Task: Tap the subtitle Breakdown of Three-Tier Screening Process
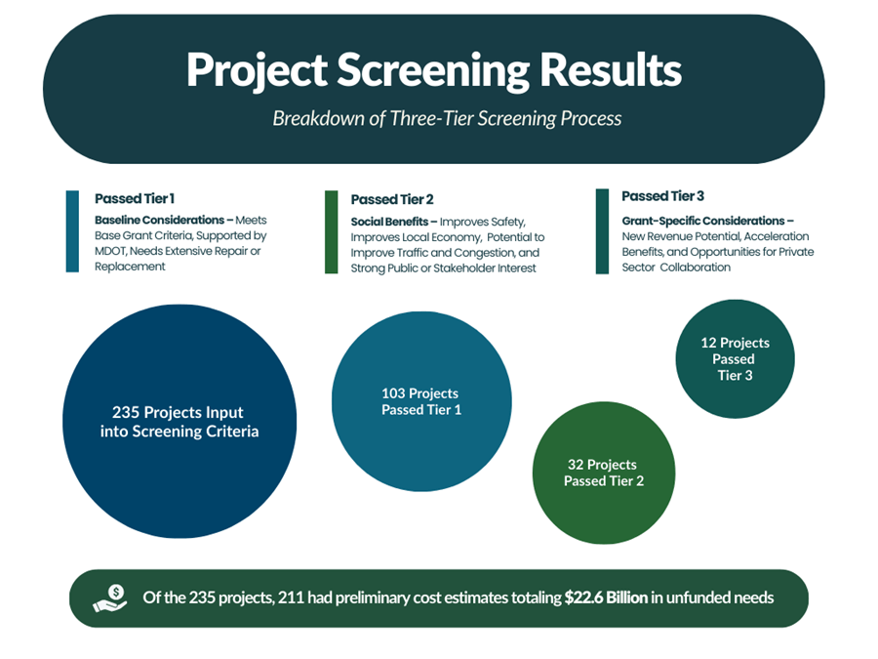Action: click(x=447, y=119)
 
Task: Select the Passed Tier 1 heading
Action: click(x=135, y=198)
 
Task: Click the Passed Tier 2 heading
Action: click(x=392, y=199)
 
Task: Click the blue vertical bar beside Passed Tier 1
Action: click(x=72, y=231)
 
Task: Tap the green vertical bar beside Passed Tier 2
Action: click(x=331, y=232)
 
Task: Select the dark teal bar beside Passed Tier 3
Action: click(x=602, y=231)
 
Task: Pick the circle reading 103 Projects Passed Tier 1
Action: click(x=421, y=401)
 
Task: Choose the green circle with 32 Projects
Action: click(x=604, y=473)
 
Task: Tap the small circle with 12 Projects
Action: click(x=735, y=358)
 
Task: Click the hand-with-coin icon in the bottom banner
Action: click(x=110, y=597)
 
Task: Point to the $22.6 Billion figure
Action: click(x=605, y=597)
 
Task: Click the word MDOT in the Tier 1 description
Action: click(x=113, y=251)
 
